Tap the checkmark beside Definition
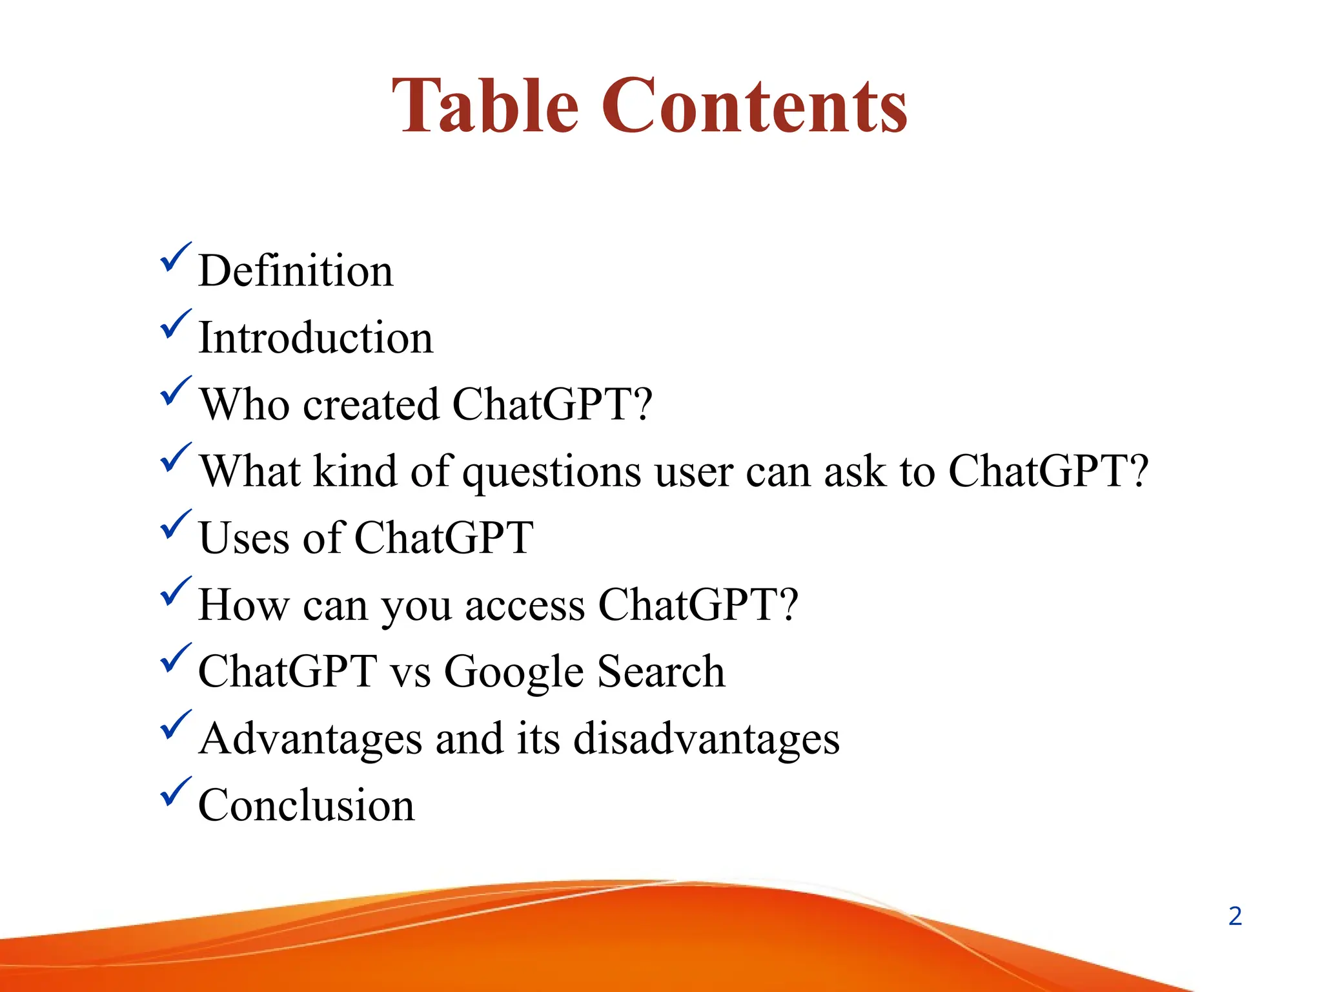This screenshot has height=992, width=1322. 174,258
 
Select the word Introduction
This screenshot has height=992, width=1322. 316,338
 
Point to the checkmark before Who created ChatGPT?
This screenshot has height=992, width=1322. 174,391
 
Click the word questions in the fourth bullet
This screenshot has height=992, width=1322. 552,473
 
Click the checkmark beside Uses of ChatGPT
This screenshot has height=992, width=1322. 174,525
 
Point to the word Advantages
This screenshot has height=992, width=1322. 310,740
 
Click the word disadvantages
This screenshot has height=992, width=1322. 706,739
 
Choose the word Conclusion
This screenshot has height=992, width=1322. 307,805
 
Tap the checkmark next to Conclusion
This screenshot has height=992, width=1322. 174,792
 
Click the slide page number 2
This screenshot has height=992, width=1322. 1235,916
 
